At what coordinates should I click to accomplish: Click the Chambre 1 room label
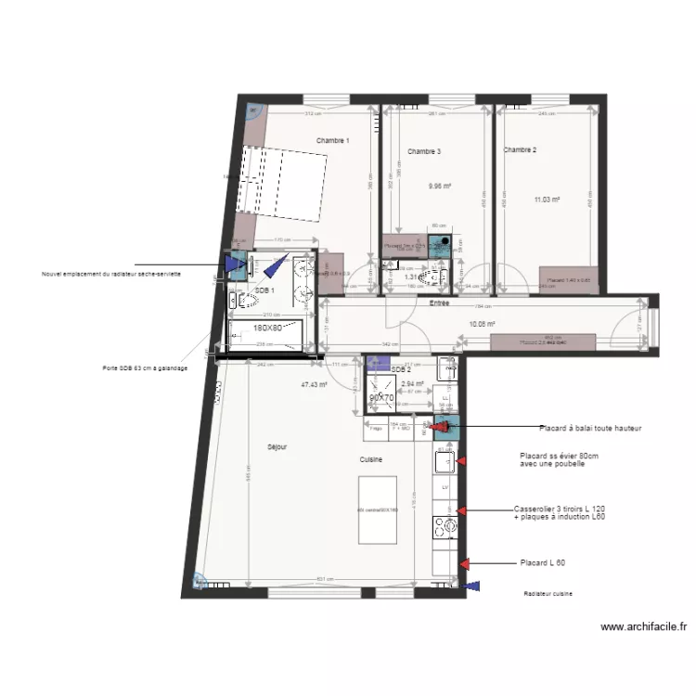[x=332, y=141]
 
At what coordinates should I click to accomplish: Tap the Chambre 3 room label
[x=424, y=151]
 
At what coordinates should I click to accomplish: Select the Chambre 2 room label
[x=520, y=149]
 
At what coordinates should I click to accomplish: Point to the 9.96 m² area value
[x=439, y=186]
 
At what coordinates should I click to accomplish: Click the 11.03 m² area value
[x=547, y=199]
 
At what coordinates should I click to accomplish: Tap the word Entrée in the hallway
[x=439, y=303]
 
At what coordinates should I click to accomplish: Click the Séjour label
[x=277, y=446]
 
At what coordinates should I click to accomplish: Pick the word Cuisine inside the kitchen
[x=373, y=458]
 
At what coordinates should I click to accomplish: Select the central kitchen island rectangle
[x=378, y=509]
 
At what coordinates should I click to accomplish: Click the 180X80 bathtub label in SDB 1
[x=268, y=328]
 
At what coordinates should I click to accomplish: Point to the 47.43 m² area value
[x=315, y=383]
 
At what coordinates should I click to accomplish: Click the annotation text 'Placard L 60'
[x=544, y=563]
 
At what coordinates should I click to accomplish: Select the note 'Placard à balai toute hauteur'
[x=590, y=429]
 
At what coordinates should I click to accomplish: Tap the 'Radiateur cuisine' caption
[x=548, y=594]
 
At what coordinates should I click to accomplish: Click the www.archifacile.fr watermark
[x=645, y=626]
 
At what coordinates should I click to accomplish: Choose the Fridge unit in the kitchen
[x=376, y=429]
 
